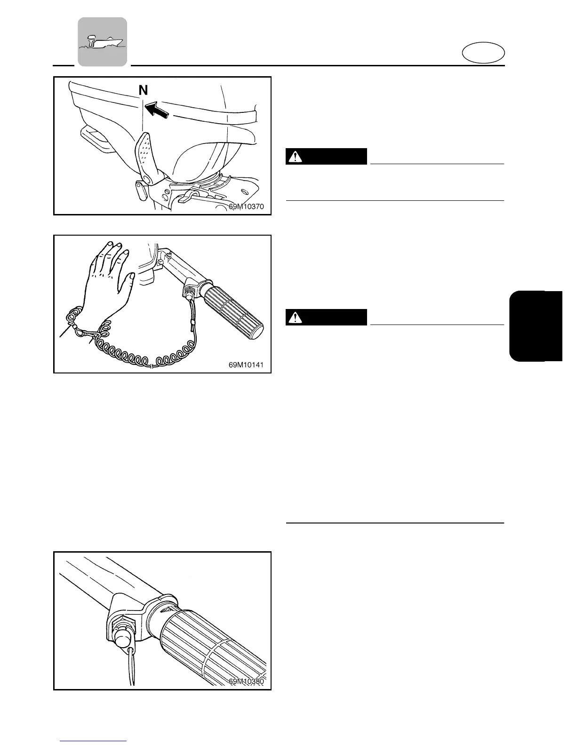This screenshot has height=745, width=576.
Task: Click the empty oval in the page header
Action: point(483,53)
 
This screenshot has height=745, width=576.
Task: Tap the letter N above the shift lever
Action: point(143,90)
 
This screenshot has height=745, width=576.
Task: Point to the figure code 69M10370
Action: point(246,206)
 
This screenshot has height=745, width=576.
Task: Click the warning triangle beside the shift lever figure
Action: point(295,157)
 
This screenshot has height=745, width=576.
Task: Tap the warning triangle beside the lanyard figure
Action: point(295,318)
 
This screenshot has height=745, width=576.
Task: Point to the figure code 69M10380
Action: point(246,681)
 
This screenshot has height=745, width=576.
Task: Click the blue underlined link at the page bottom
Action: point(94,741)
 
